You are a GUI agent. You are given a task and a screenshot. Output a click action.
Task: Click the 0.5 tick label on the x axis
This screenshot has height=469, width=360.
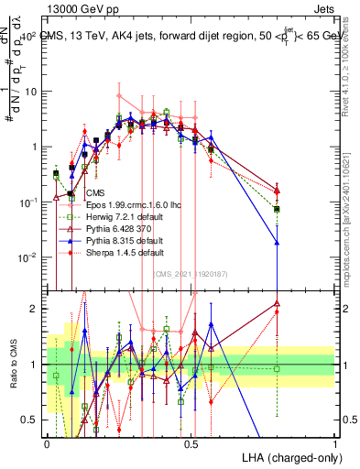[191, 443]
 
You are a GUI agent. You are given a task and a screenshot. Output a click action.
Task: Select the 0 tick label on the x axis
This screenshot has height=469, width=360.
[47, 443]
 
